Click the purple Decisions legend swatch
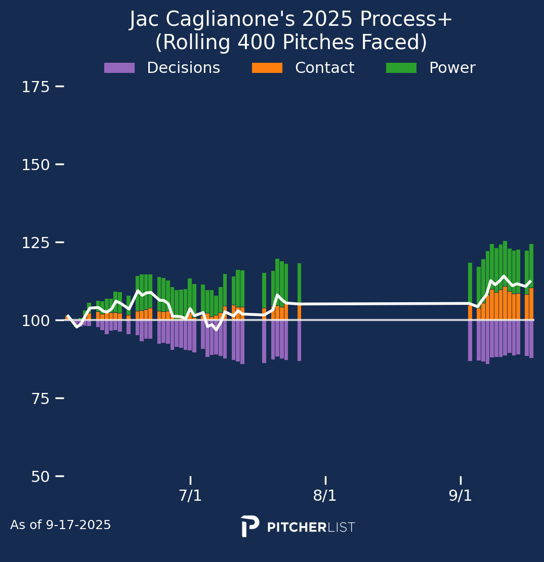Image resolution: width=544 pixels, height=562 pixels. click(x=119, y=68)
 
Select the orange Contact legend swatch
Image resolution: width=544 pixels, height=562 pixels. click(x=267, y=68)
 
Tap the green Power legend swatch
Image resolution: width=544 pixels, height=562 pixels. click(x=401, y=68)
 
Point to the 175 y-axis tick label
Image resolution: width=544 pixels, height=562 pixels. click(x=35, y=87)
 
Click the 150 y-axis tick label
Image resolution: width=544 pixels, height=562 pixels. click(x=35, y=165)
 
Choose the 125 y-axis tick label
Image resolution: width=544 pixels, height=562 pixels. click(x=35, y=243)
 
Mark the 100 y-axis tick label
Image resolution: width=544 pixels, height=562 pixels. click(x=35, y=321)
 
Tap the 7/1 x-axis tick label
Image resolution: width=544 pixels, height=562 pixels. click(x=190, y=496)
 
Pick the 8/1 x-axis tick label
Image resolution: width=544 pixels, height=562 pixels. click(x=325, y=496)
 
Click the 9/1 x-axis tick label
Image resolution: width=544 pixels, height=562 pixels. click(x=461, y=496)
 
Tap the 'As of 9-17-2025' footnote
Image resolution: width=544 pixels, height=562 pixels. click(x=61, y=525)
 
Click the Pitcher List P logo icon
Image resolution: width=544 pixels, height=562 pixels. click(x=250, y=526)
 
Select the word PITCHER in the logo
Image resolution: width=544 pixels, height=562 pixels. click(x=297, y=528)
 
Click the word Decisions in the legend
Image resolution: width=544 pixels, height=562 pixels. click(x=183, y=68)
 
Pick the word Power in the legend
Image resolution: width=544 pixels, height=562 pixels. click(x=452, y=68)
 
